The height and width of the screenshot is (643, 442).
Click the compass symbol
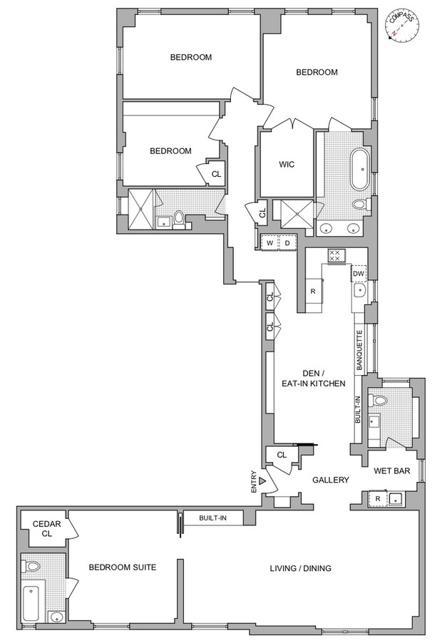403,26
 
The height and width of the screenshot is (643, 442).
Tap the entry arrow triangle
263,480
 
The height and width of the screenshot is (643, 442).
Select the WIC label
287,165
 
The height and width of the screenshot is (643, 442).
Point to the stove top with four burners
335,256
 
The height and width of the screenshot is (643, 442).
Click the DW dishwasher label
359,274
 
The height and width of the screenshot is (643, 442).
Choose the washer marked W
269,243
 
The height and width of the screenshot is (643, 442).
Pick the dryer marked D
287,243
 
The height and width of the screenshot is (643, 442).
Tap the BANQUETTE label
359,351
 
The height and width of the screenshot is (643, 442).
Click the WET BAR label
391,470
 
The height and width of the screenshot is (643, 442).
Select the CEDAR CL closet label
47,529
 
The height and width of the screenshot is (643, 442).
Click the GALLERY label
331,480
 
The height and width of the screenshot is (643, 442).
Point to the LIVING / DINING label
301,568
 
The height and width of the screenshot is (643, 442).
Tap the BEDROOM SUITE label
123,567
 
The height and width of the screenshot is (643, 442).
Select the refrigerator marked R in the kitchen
313,291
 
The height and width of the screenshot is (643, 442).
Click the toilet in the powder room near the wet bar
377,399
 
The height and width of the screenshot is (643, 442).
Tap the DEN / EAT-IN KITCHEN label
313,379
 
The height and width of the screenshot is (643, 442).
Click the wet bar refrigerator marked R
379,499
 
